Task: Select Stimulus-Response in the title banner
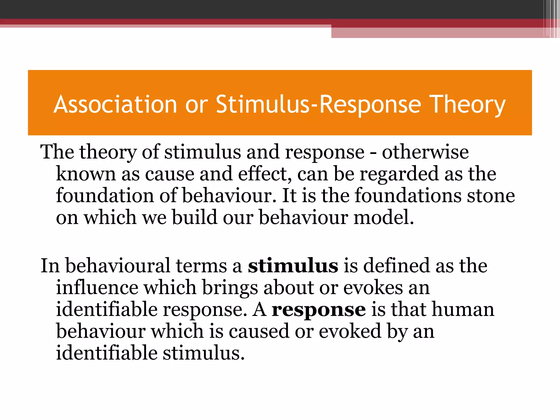pyautogui.click(x=318, y=104)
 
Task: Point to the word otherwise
pyautogui.click(x=425, y=152)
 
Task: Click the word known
pyautogui.click(x=86, y=174)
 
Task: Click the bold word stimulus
pyautogui.click(x=293, y=266)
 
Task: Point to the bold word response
pyautogui.click(x=319, y=310)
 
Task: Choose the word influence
pyautogui.click(x=97, y=288)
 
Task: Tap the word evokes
pyautogui.click(x=373, y=288)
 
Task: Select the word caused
pyautogui.click(x=259, y=331)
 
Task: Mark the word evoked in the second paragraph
pyautogui.click(x=350, y=331)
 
